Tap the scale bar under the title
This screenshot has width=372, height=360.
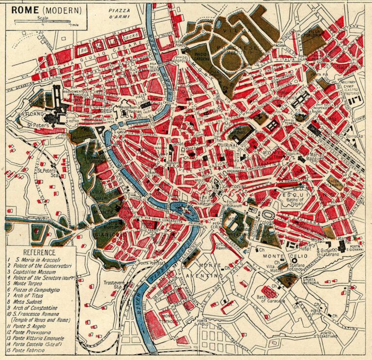[42, 21]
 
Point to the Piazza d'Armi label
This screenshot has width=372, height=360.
[118, 13]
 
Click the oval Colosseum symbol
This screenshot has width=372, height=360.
[267, 214]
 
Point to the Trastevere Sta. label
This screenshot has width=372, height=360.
[113, 285]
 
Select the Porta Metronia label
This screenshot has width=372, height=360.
[311, 283]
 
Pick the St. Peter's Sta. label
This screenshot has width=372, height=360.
[46, 173]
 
